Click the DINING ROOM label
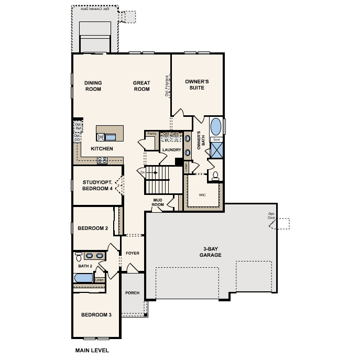click(x=93, y=86)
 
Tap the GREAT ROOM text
click(x=141, y=86)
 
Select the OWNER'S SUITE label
click(x=197, y=84)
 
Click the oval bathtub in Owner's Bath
click(x=216, y=127)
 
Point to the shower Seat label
click(x=216, y=140)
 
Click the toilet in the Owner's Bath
click(x=215, y=176)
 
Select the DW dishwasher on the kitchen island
click(x=100, y=137)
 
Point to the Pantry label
click(x=151, y=134)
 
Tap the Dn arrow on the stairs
click(x=143, y=171)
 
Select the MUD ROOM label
click(x=158, y=202)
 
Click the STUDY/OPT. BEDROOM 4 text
click(x=97, y=186)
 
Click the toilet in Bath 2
click(x=78, y=257)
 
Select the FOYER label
click(x=133, y=253)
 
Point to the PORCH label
click(x=133, y=293)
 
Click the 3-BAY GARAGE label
click(x=210, y=252)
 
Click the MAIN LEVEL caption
click(x=92, y=350)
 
